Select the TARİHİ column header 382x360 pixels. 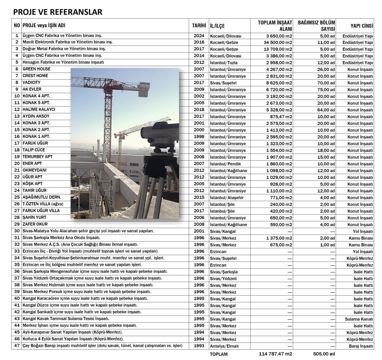(x=199, y=25)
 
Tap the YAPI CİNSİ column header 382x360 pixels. (x=361, y=25)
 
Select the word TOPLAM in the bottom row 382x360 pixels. (x=219, y=354)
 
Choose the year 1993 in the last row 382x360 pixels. (x=199, y=346)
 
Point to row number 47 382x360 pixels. (x=16, y=346)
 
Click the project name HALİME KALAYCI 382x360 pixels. (x=39, y=110)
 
